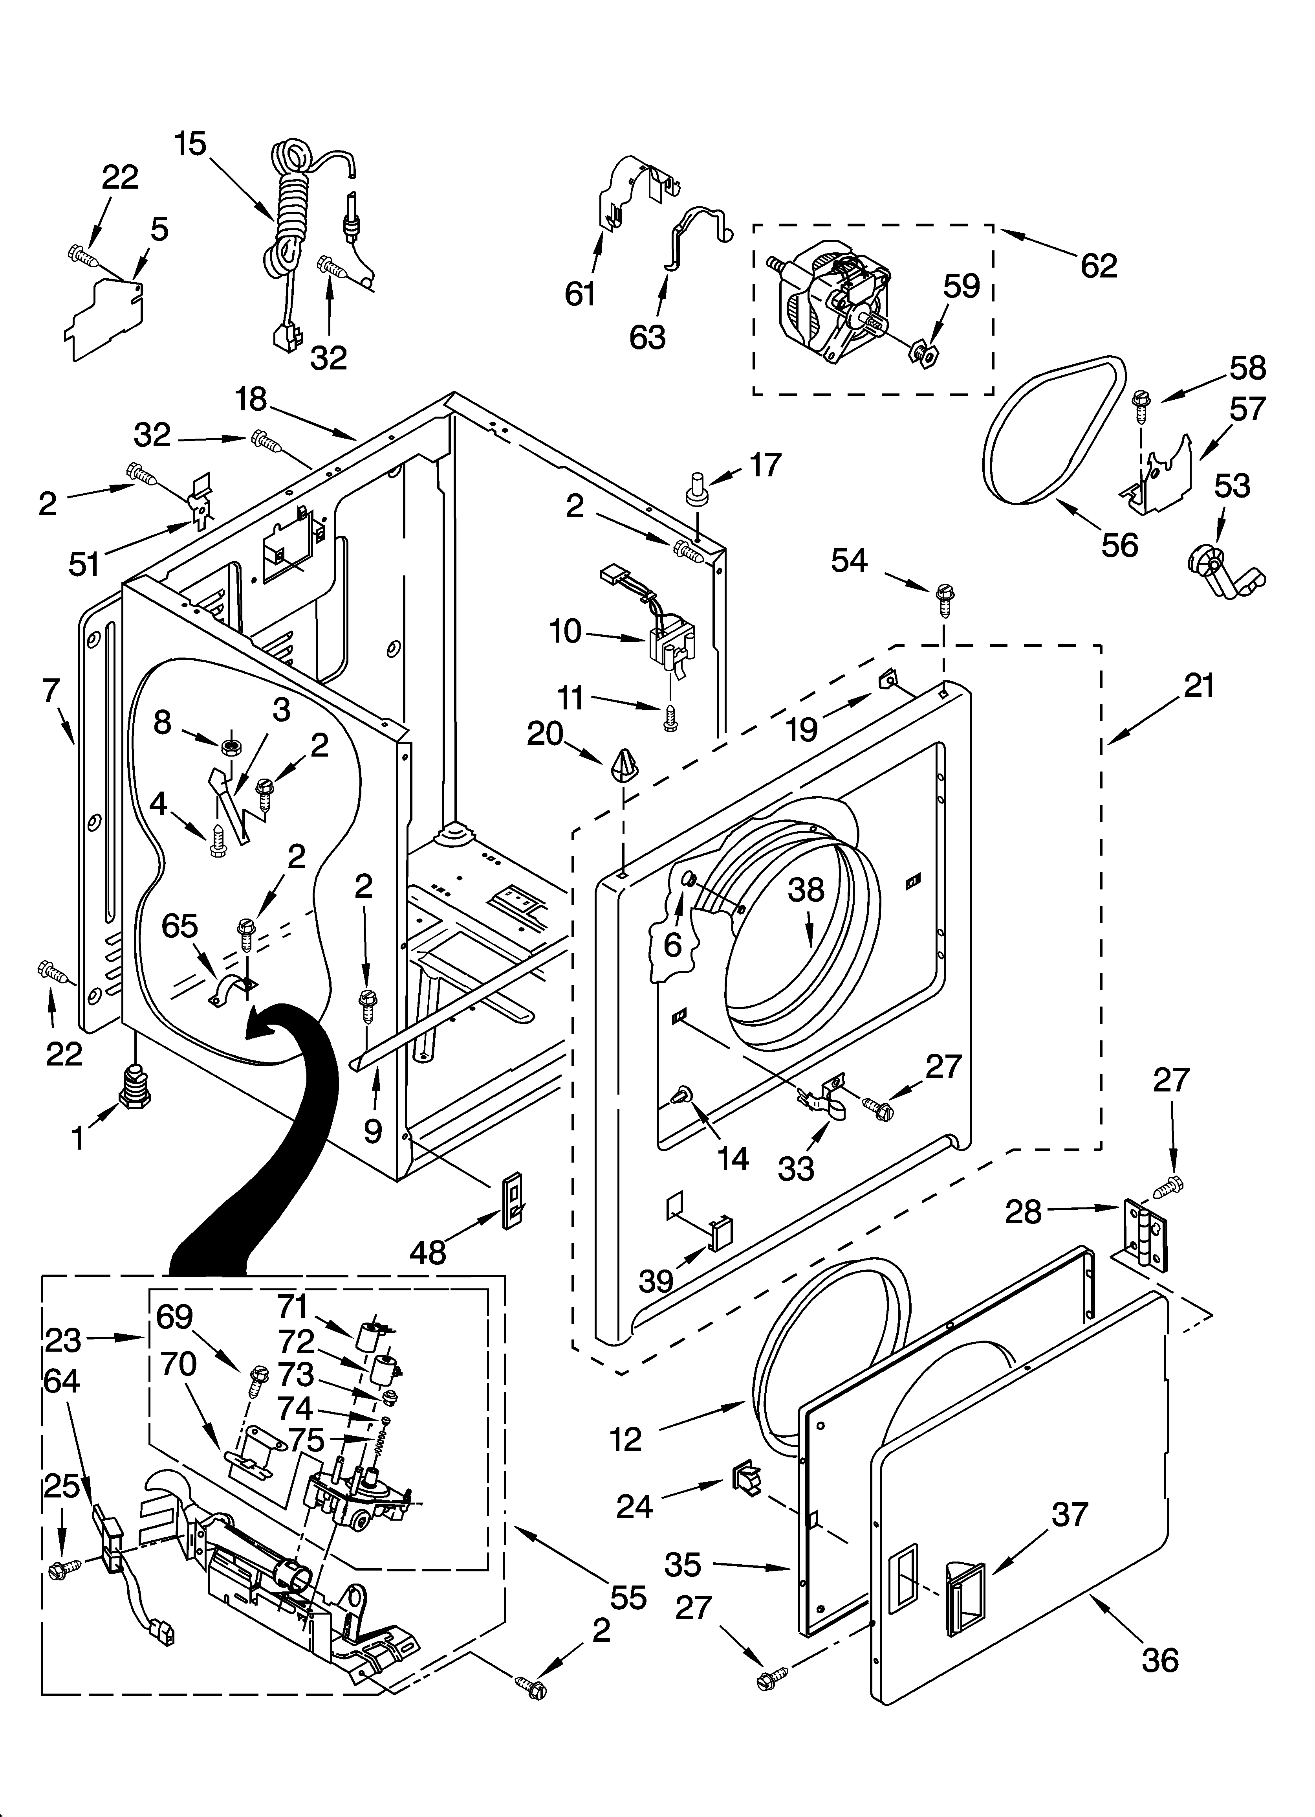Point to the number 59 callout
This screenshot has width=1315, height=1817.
click(x=961, y=286)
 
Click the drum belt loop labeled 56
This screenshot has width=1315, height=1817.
click(x=1049, y=433)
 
